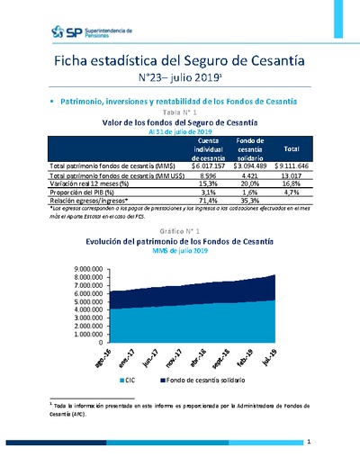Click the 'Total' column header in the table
291,148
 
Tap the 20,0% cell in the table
248,184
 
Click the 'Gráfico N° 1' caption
180,231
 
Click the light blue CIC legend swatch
121,381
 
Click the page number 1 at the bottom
309,443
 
